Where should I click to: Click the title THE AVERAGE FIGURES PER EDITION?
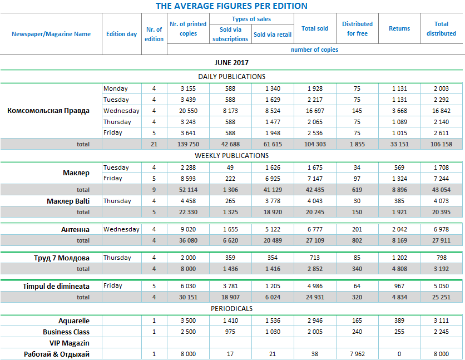231,6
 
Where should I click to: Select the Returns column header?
399,28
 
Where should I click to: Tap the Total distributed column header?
441,29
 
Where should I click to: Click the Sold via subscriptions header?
230,34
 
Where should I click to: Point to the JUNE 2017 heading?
231,62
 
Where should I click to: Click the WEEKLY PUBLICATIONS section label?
231,156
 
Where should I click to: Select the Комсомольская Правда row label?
48,111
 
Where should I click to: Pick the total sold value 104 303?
315,144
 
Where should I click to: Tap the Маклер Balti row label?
68,201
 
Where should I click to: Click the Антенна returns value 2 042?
399,229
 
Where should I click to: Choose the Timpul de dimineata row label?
56,286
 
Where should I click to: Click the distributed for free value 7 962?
357,354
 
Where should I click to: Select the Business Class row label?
66,332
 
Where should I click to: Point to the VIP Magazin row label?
70,343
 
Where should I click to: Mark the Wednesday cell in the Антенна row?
121,229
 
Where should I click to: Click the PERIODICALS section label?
231,308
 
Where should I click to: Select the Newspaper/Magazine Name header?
51,34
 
